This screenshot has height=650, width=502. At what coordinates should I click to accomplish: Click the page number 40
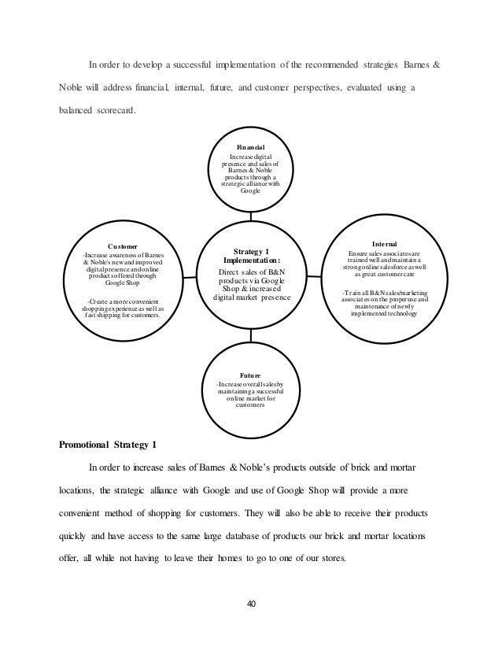[250, 604]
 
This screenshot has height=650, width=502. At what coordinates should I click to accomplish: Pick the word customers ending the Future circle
[251, 406]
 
